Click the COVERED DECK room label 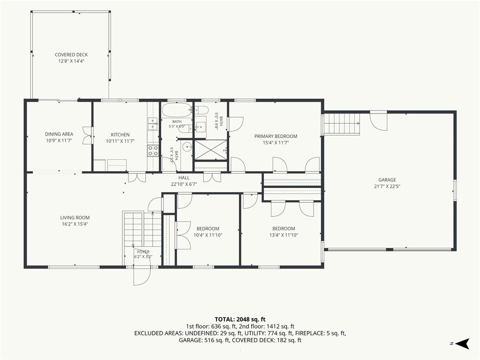pyautogui.click(x=71, y=55)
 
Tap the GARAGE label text pyautogui.click(x=387, y=180)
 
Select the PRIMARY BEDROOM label pyautogui.click(x=276, y=136)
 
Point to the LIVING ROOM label pyautogui.click(x=75, y=217)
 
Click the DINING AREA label pyautogui.click(x=59, y=134)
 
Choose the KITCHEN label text pyautogui.click(x=120, y=135)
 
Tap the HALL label pyautogui.click(x=184, y=178)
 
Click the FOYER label pyautogui.click(x=143, y=252)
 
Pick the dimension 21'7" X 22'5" pyautogui.click(x=387, y=187)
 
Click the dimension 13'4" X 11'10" pyautogui.click(x=284, y=235)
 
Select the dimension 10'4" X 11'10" pyautogui.click(x=208, y=235)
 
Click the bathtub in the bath pyautogui.click(x=176, y=110)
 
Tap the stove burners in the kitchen pyautogui.click(x=153, y=150)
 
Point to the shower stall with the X pyautogui.click(x=211, y=150)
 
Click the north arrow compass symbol pyautogui.click(x=463, y=344)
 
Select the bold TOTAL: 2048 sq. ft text pyautogui.click(x=240, y=320)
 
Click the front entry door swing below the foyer pyautogui.click(x=142, y=276)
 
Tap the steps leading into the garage pyautogui.click(x=341, y=124)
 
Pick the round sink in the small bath pyautogui.click(x=187, y=147)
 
